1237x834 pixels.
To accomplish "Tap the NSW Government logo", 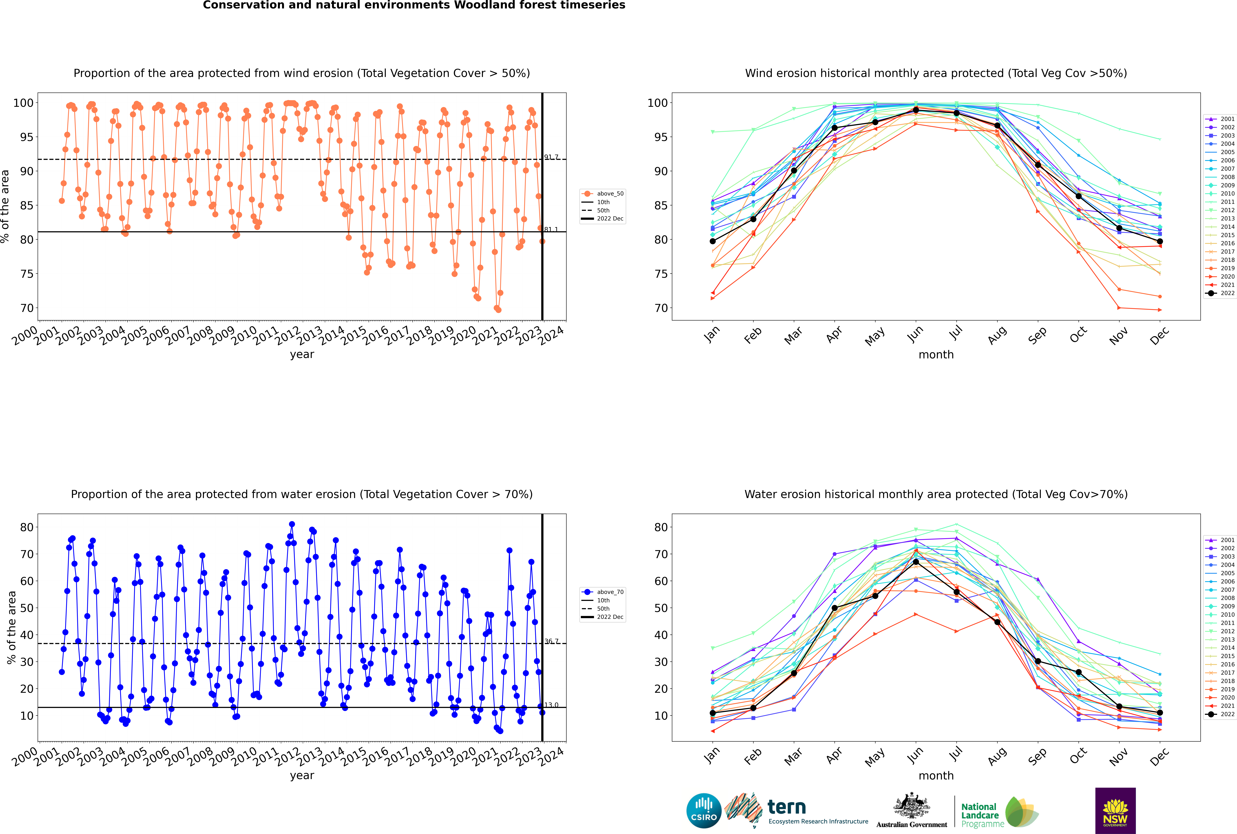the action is click(x=1115, y=810).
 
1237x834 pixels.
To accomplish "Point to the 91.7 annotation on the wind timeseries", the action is click(x=551, y=157).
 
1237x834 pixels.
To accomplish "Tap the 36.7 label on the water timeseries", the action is click(x=551, y=641).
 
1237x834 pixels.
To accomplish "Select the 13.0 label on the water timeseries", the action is click(x=551, y=705).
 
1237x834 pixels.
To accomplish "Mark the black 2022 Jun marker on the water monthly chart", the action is click(x=916, y=562).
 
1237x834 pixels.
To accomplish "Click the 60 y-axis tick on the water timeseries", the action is click(x=27, y=581).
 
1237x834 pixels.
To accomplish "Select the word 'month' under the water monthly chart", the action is click(x=936, y=776).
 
